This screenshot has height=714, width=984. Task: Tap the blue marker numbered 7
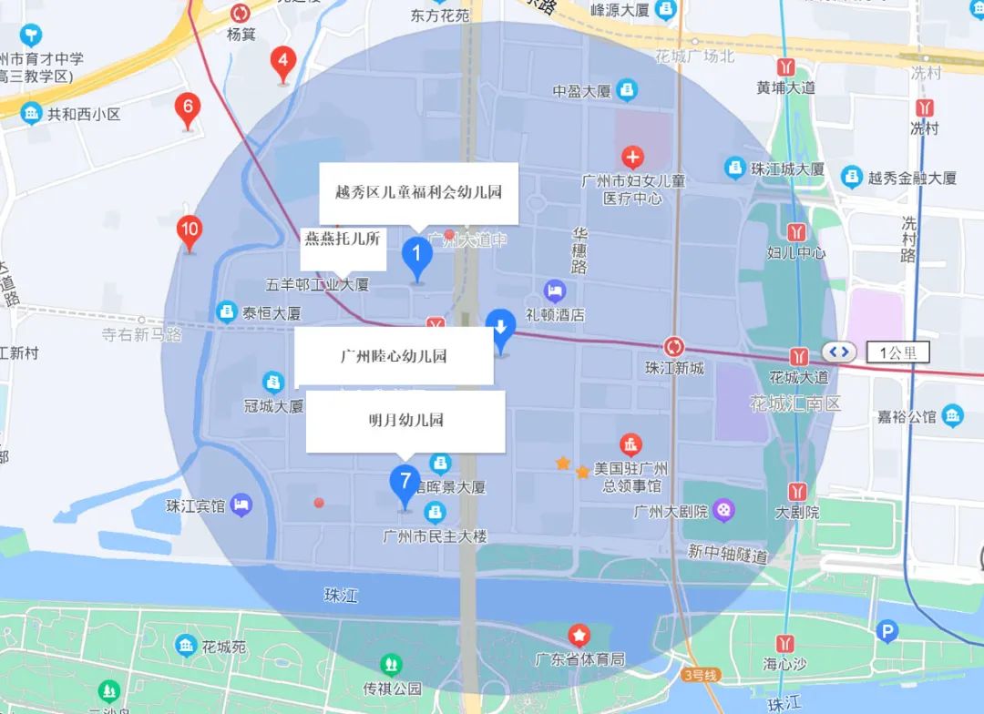tap(405, 481)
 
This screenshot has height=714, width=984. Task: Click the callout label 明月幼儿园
tap(405, 421)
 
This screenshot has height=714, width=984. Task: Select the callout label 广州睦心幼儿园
tap(394, 355)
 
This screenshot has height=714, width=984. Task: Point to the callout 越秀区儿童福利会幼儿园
tap(418, 192)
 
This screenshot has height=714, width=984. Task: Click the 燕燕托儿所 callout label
tap(341, 239)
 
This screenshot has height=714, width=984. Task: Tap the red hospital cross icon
tap(631, 157)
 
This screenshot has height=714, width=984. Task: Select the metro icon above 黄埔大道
tap(785, 66)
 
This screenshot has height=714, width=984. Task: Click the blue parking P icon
tap(885, 631)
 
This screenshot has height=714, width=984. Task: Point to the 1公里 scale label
tap(898, 352)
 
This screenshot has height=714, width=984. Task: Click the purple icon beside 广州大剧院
tap(723, 511)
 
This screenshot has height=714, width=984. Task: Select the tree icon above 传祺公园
tap(392, 664)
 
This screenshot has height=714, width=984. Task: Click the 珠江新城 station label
tap(674, 368)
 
